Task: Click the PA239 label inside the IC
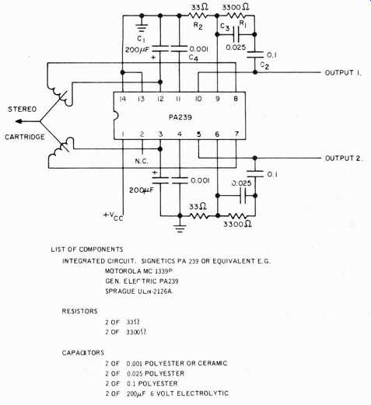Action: click(x=180, y=117)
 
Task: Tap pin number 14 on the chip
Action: click(x=123, y=99)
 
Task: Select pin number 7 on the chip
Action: click(x=236, y=134)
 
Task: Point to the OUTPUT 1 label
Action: click(x=343, y=73)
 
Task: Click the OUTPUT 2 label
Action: click(x=344, y=159)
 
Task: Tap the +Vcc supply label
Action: click(x=114, y=216)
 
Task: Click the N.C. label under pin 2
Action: click(x=142, y=161)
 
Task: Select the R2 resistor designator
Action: click(x=198, y=26)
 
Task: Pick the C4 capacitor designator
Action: click(x=194, y=58)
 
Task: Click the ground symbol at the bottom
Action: click(x=180, y=229)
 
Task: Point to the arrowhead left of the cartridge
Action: click(x=18, y=121)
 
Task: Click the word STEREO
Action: click(x=23, y=110)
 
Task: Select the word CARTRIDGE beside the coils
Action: click(x=25, y=137)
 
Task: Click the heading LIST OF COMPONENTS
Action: click(x=87, y=250)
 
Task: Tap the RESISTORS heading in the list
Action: click(x=79, y=311)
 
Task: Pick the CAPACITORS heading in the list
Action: click(x=83, y=353)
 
